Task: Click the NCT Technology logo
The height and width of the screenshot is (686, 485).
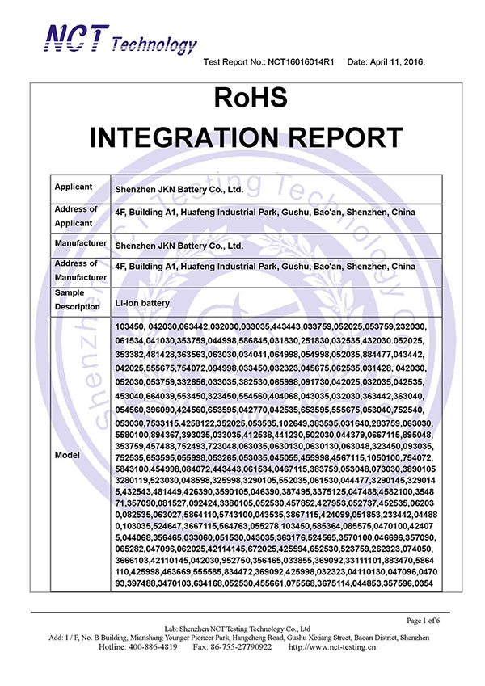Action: [120, 39]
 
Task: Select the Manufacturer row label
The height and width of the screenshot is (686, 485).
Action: [81, 243]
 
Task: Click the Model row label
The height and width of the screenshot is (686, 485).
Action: [67, 455]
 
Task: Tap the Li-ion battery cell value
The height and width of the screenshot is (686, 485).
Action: [145, 301]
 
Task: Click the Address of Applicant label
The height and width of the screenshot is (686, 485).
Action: [76, 215]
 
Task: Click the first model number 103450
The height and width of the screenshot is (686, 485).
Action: [130, 325]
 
